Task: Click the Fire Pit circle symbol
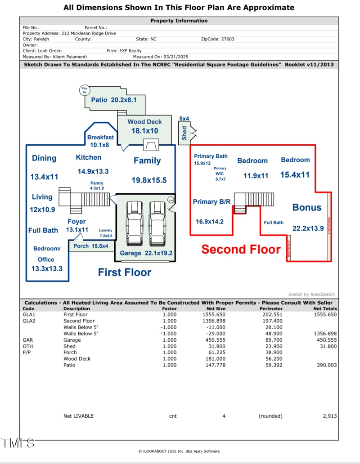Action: (84, 90)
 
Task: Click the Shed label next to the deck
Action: (184, 133)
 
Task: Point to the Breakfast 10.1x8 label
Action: (100, 141)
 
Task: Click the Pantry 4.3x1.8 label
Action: (97, 185)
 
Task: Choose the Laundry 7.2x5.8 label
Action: (106, 233)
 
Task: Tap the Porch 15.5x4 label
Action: (90, 246)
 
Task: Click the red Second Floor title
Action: (241, 249)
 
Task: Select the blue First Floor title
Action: (125, 272)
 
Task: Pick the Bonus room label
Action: (307, 207)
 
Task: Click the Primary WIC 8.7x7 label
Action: (220, 174)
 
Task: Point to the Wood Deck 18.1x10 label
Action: (144, 126)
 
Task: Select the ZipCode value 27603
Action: (228, 39)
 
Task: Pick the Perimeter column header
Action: (271, 309)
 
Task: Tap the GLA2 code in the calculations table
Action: (28, 321)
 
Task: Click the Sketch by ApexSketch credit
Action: (311, 294)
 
